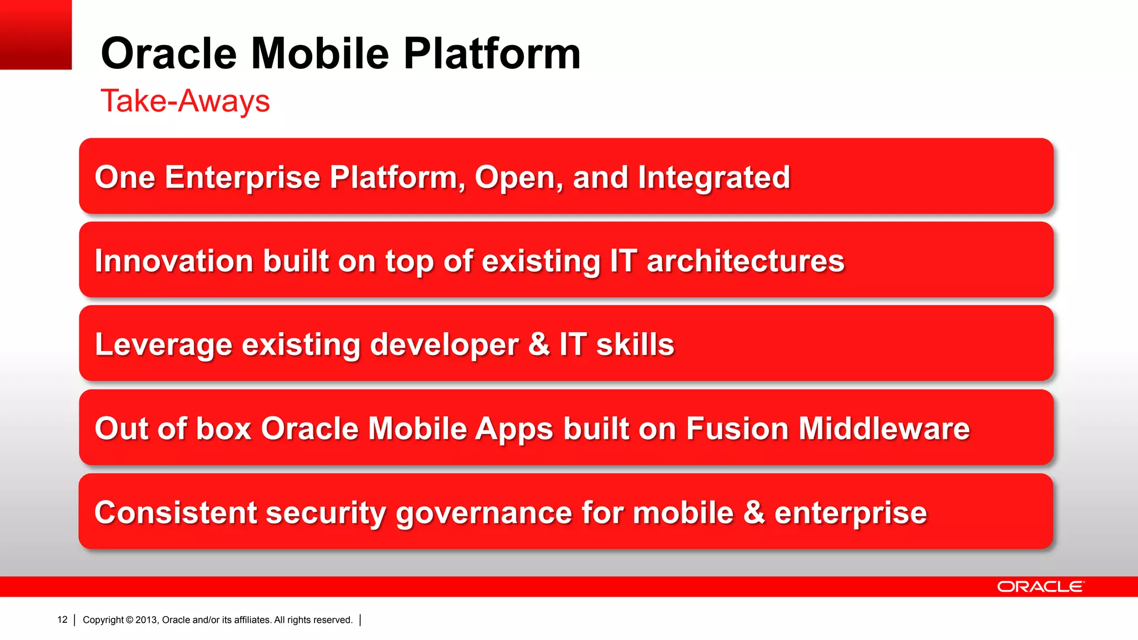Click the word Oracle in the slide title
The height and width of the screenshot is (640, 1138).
coord(168,54)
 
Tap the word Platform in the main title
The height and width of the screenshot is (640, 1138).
coord(492,54)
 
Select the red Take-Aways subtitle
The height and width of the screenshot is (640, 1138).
coord(185,101)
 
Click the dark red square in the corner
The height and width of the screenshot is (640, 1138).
coord(36,34)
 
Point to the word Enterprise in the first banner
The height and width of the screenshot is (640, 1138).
coord(242,177)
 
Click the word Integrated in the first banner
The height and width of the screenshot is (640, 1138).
coord(713,177)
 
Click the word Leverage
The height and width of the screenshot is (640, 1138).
coord(163,344)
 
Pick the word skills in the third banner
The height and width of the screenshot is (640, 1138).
coord(635,344)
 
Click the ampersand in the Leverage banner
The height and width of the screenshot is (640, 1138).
coord(538,344)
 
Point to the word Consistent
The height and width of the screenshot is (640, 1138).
coord(176,512)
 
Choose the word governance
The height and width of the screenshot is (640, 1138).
coord(483,513)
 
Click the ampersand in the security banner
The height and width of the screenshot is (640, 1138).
coord(753,512)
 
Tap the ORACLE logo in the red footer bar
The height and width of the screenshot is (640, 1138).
coord(1040,587)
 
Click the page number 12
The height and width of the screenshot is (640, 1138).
coord(62,619)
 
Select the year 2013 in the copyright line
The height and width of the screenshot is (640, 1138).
coord(147,620)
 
